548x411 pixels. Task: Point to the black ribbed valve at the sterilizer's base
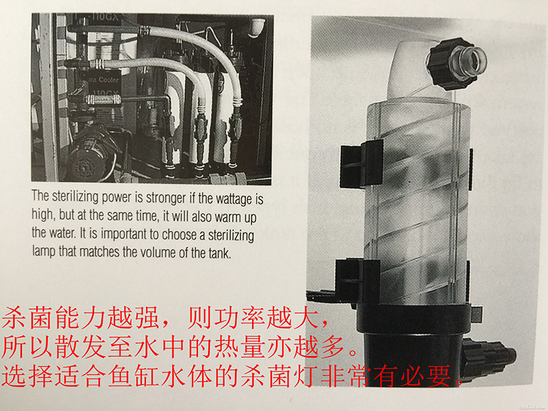pyautogui.click(x=490, y=356)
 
